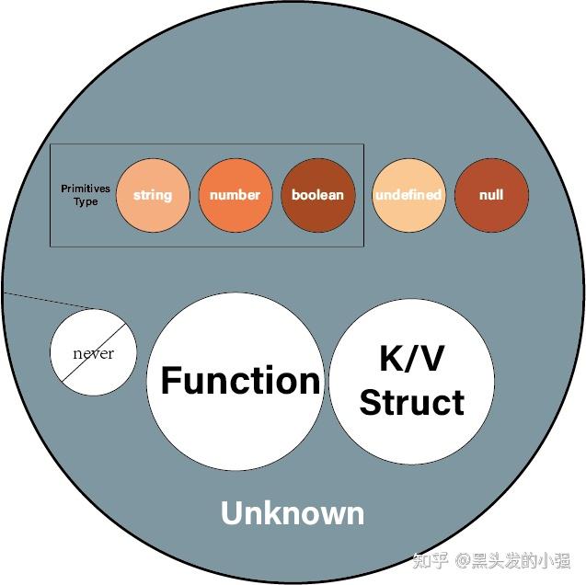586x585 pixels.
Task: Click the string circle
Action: (153, 195)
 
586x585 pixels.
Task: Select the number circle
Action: (235, 195)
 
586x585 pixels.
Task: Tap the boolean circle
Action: (317, 195)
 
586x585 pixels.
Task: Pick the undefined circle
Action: (408, 195)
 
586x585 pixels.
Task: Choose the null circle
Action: (491, 195)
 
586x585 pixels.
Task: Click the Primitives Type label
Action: (85, 195)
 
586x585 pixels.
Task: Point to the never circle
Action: (93, 353)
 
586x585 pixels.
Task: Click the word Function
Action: (241, 380)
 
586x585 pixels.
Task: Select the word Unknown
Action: (293, 513)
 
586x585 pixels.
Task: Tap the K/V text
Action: (411, 359)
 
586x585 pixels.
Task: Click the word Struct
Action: (411, 402)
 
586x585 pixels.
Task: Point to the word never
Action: (93, 353)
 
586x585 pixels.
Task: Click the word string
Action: (153, 195)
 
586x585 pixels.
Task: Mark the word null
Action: (491, 195)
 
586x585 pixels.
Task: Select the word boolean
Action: (317, 195)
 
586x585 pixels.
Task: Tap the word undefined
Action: (408, 195)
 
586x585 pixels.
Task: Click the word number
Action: (235, 195)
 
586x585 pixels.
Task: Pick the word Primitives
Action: (85, 189)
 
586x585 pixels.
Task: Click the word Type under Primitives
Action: (85, 201)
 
